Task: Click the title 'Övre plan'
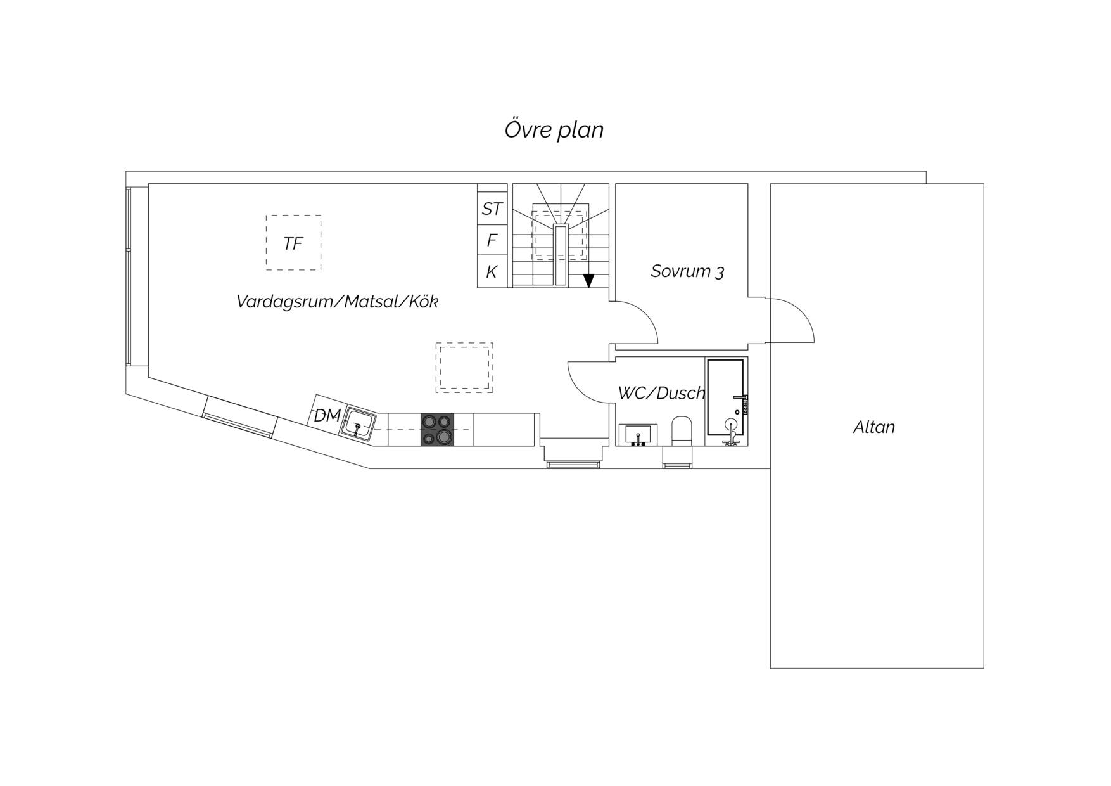554,130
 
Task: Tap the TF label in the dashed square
293,243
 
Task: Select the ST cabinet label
492,209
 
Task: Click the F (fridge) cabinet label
492,240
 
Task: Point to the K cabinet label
492,272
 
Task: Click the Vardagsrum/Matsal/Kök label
337,301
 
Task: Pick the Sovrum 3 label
687,271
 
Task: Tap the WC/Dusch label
661,393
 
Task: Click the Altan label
874,427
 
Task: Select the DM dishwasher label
327,416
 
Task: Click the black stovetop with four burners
437,429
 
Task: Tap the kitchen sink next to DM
359,423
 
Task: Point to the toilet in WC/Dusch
682,431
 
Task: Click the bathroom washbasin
638,435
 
